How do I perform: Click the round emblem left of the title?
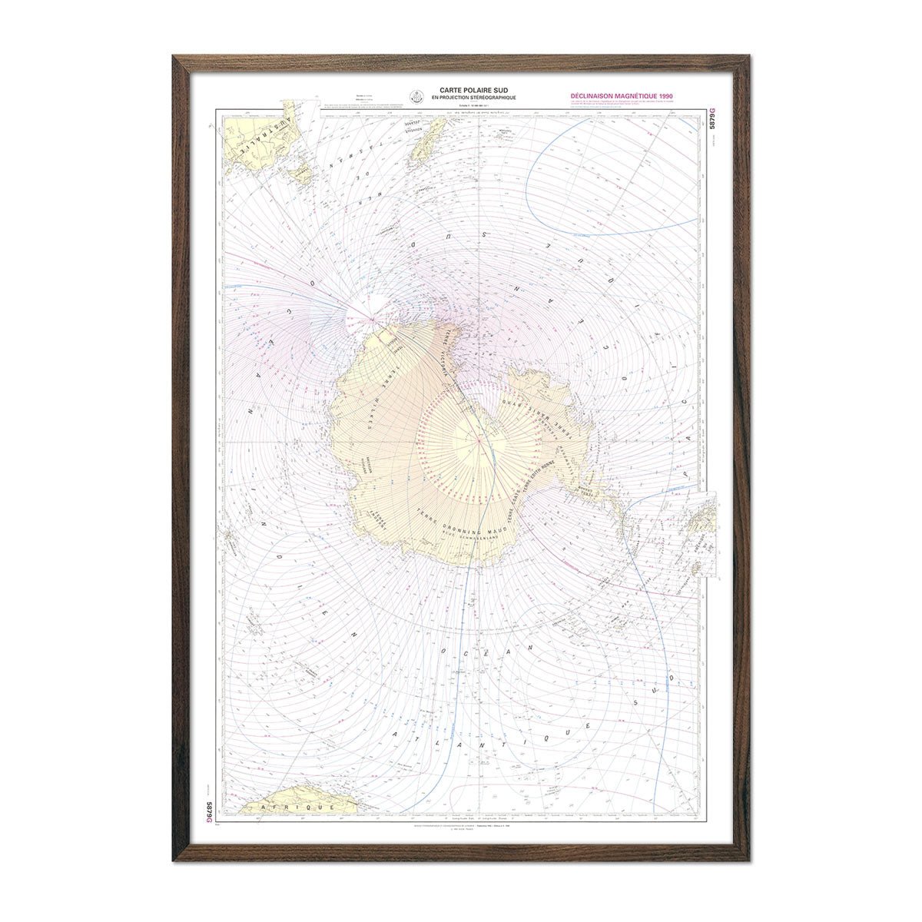coord(416,95)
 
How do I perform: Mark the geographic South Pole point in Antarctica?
coord(478,439)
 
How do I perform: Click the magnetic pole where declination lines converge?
coord(374,317)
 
